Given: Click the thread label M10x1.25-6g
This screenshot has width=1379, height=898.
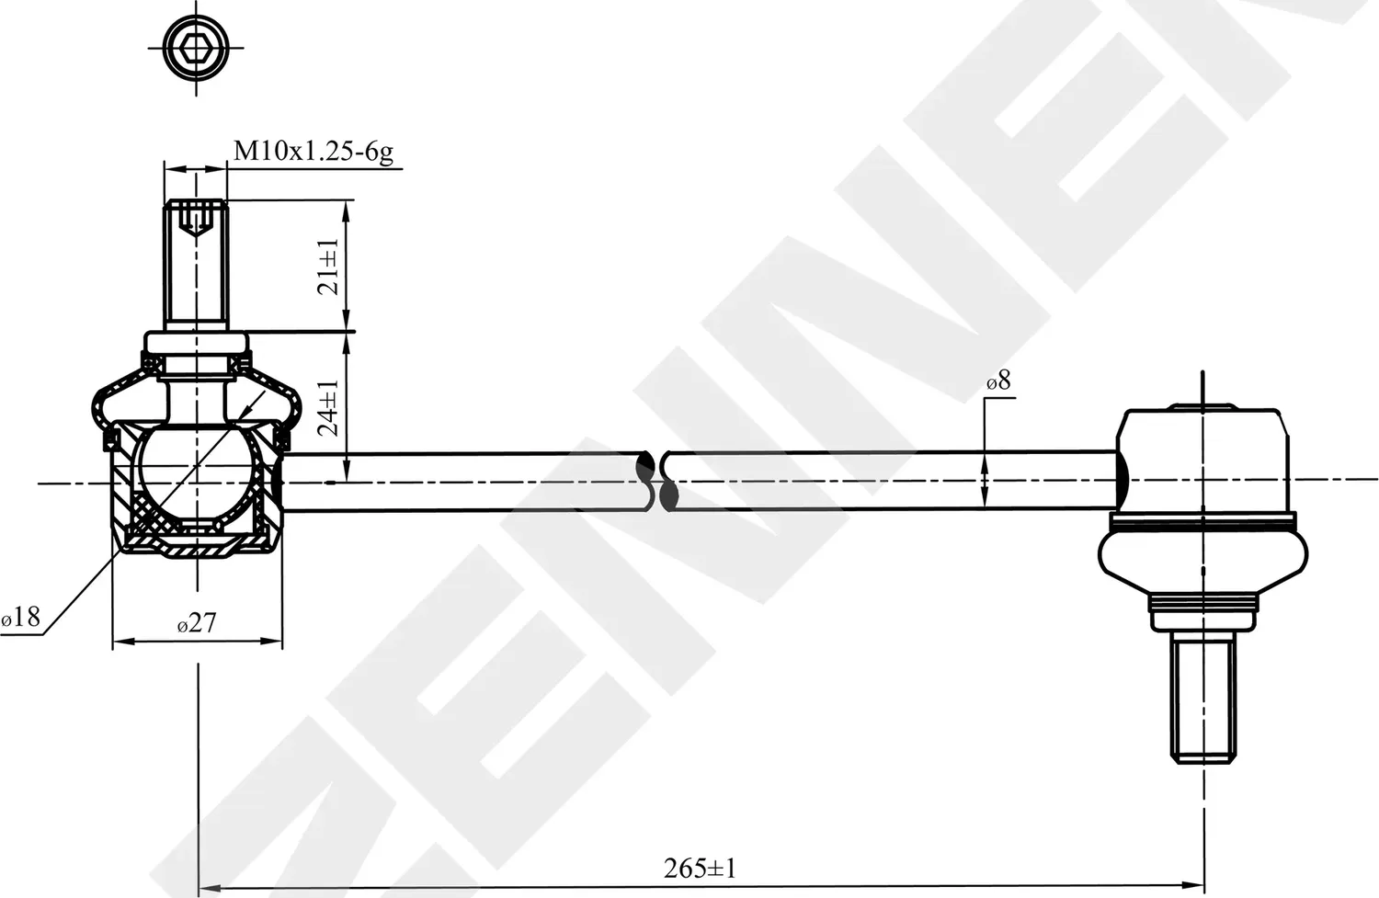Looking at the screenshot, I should click(x=313, y=152).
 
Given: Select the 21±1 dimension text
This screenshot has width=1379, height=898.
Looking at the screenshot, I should click(x=329, y=266).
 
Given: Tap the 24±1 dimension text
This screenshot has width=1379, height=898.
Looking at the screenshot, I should click(x=329, y=407).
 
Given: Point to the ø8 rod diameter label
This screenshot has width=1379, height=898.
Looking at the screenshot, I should click(x=998, y=381).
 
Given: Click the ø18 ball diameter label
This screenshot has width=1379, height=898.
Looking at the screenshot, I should click(x=21, y=617).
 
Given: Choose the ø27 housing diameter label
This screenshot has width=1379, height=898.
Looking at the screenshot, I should click(x=196, y=623).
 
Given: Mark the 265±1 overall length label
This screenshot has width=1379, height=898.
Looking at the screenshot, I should click(x=700, y=867).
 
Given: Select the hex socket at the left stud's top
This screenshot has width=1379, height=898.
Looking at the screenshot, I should click(x=195, y=218).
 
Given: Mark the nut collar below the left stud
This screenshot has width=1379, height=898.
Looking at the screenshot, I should click(x=196, y=343).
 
